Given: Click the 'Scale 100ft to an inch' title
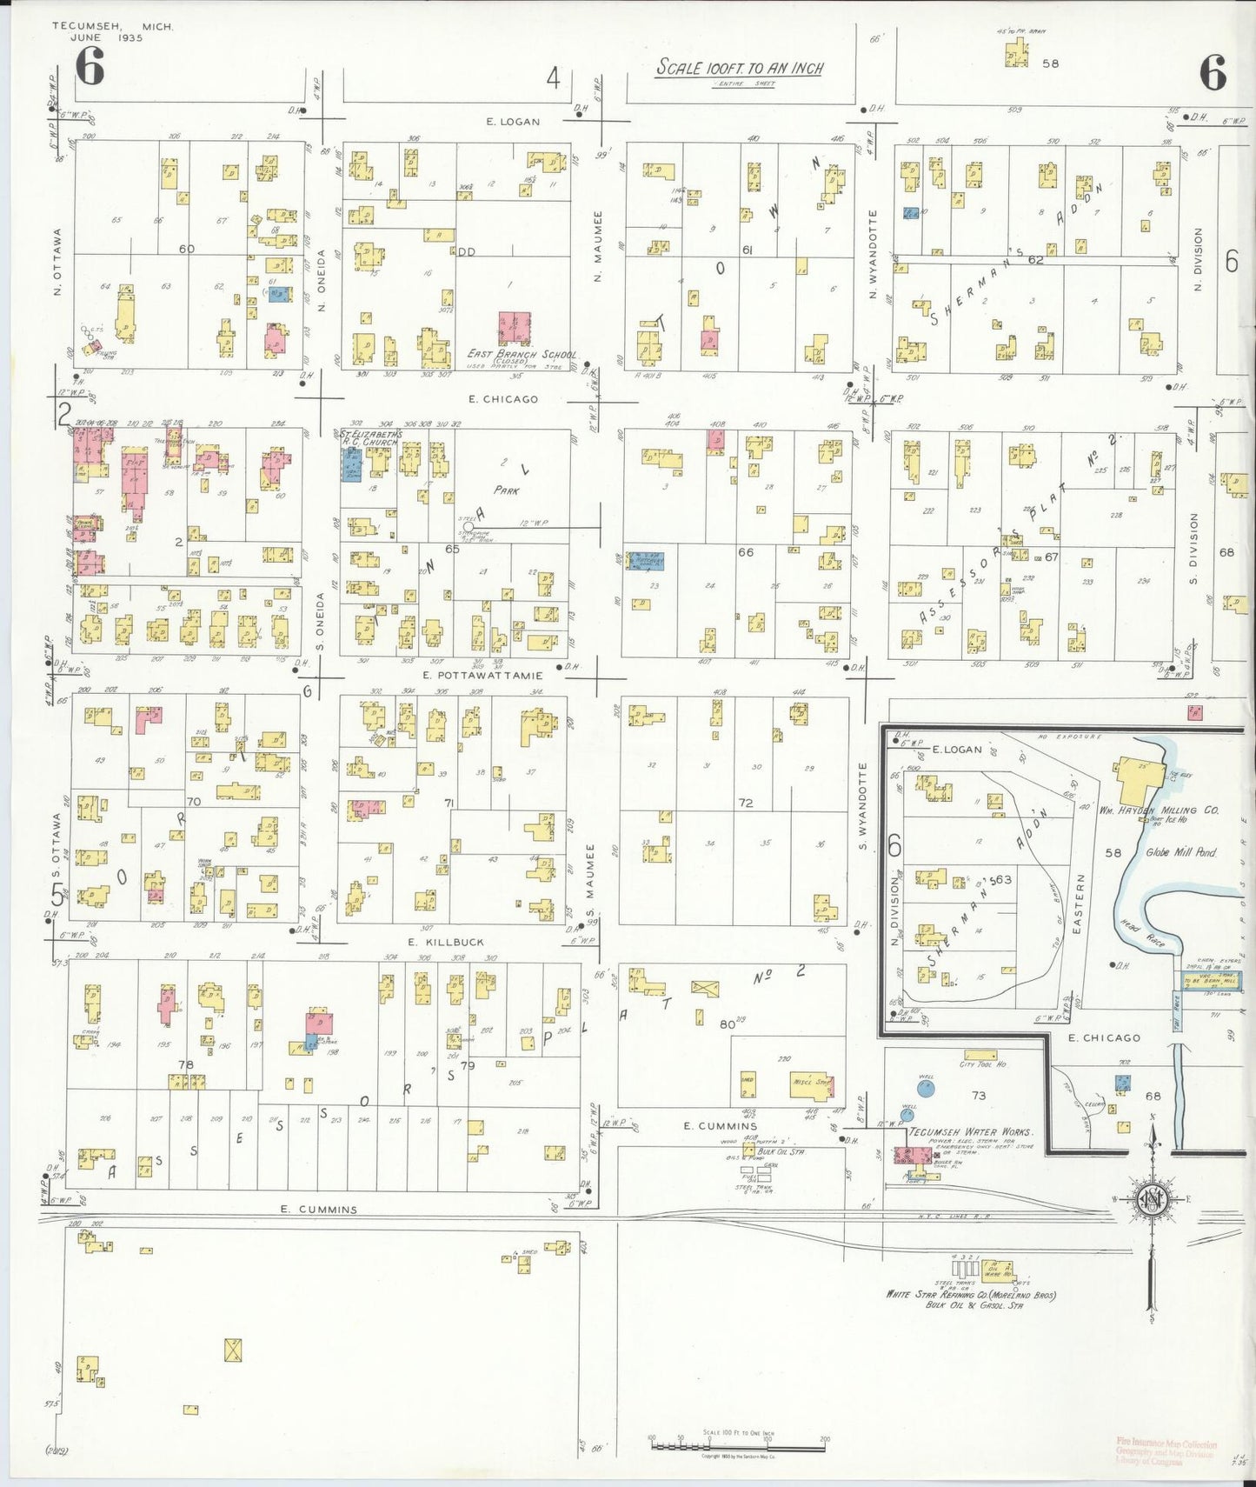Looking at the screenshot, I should click(739, 68).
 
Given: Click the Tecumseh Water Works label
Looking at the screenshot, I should click(970, 1132).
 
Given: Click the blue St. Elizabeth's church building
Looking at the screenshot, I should click(352, 463).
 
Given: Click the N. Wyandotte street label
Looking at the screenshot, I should click(873, 255).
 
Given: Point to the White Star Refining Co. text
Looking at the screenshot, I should click(970, 1295).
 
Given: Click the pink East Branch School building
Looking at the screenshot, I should click(515, 328).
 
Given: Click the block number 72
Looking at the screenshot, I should click(745, 803).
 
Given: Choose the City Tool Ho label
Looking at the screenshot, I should click(982, 1064).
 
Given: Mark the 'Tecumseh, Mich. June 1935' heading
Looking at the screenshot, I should click(113, 31).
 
